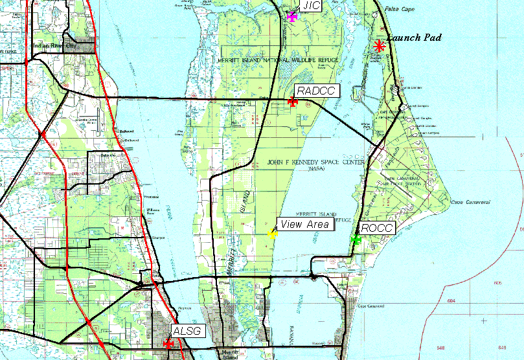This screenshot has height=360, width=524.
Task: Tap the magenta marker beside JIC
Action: coord(292,16)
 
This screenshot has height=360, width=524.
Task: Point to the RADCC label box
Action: coord(315,91)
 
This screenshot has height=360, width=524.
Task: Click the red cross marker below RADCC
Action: coord(293,101)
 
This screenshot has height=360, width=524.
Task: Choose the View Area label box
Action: coord(304,225)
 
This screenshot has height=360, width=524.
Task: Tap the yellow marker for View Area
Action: coord(273,234)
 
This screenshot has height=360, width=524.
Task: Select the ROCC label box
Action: coord(376,228)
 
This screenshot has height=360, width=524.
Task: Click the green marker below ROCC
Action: coord(355,240)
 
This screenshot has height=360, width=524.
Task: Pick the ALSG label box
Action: coord(188,332)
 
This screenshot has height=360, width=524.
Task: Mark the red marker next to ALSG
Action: coord(168,344)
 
